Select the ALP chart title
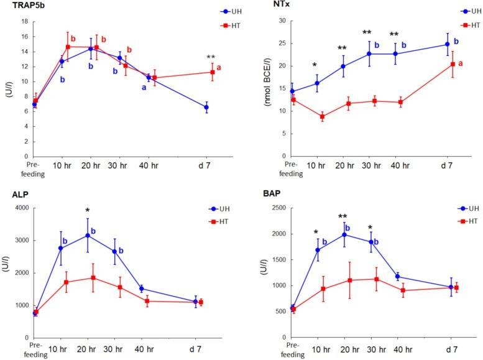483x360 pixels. tap(14, 194)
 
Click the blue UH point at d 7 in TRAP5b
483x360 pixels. tap(206, 107)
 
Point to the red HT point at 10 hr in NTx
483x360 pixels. tap(322, 116)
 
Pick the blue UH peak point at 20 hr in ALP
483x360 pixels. tap(88, 235)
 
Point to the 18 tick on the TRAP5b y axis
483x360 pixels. tap(24, 21)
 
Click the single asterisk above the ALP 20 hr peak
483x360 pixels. tap(88, 210)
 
